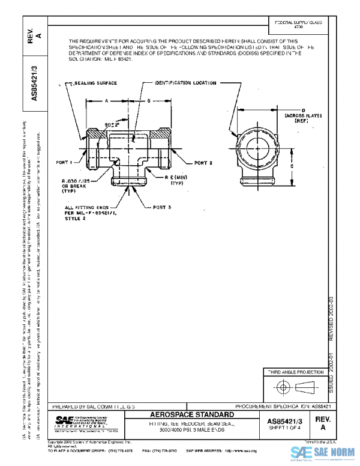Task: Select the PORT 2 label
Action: click(203, 163)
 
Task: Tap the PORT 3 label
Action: click(162, 207)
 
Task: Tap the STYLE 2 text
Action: click(76, 220)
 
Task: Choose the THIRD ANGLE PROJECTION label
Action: click(295, 373)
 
